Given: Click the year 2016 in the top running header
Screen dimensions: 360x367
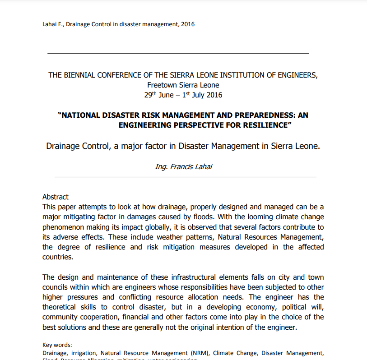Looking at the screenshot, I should (x=187, y=24).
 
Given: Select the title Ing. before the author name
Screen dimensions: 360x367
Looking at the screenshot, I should (x=161, y=166).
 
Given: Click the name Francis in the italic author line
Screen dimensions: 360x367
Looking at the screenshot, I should (x=182, y=166).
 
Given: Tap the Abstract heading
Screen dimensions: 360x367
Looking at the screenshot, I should (x=56, y=197).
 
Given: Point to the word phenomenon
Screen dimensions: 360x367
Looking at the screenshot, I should (x=63, y=227).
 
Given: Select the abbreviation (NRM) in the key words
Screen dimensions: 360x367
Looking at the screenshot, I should (x=199, y=353).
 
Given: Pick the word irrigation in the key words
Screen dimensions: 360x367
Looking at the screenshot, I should (x=83, y=353).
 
